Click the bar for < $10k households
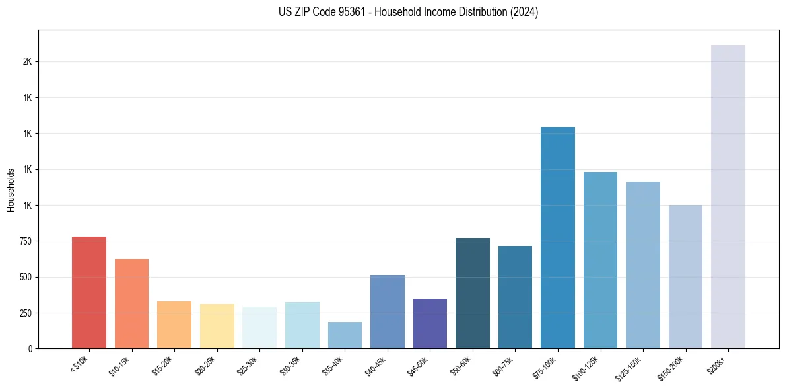pos(89,292)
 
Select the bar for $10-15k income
pos(131,303)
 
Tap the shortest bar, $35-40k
pos(345,335)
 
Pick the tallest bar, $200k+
pos(728,196)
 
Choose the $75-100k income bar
pos(558,237)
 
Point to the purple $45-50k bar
pos(430,323)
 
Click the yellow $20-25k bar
pos(217,326)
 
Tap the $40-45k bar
pos(388,311)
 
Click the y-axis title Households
pos(11,190)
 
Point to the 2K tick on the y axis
pos(27,61)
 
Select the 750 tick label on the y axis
pos(26,241)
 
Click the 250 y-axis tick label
pos(26,313)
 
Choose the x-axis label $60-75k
pos(512,366)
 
